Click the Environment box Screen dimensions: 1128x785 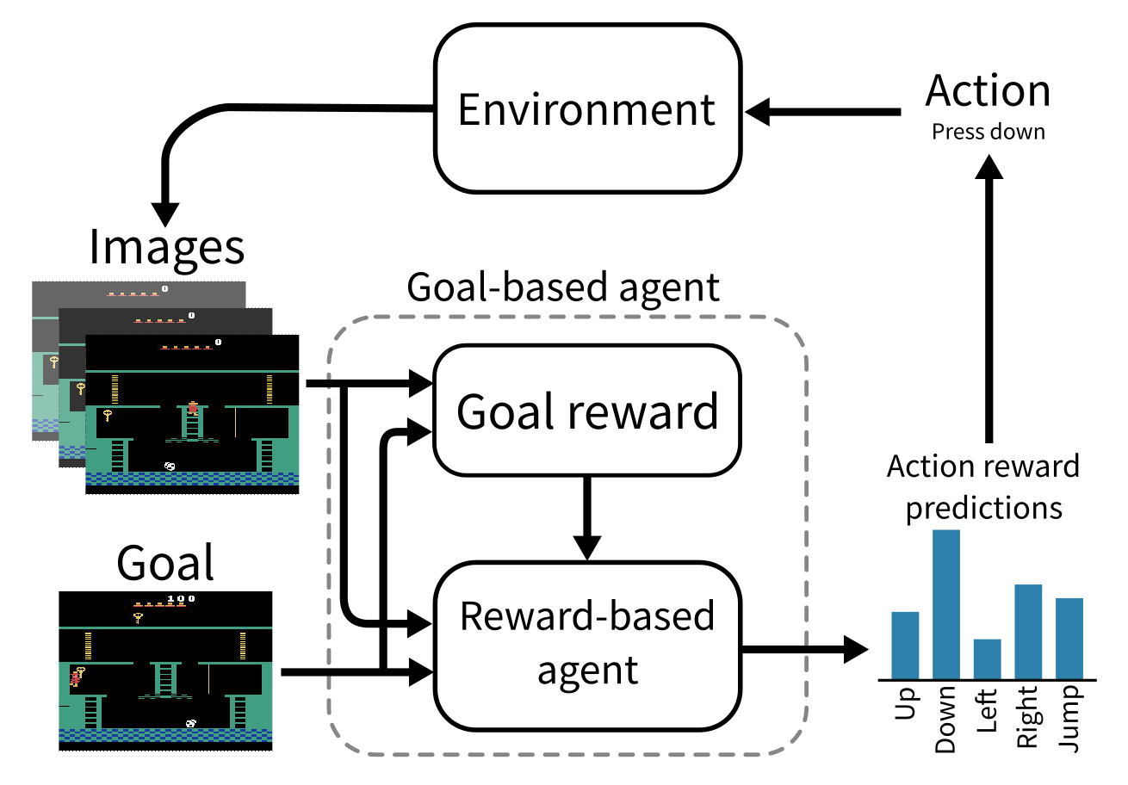[x=587, y=108]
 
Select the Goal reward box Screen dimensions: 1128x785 [x=587, y=411]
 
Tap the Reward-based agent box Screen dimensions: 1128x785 [x=587, y=646]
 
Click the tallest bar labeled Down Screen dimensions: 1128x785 [x=946, y=604]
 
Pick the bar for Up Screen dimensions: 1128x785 [x=905, y=646]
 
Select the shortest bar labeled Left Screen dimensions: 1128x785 [x=987, y=659]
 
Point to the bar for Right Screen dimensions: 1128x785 [x=1028, y=632]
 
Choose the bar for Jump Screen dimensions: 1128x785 [x=1069, y=639]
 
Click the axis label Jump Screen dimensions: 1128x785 [x=1069, y=719]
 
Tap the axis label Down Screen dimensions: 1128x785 [x=945, y=720]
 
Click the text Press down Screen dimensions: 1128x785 [x=989, y=132]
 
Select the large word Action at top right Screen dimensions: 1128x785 [x=988, y=90]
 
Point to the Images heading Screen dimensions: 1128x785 [x=167, y=249]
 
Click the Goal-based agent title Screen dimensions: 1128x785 [x=563, y=288]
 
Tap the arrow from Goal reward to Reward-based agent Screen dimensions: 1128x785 [x=587, y=518]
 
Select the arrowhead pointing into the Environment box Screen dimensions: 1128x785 [x=757, y=112]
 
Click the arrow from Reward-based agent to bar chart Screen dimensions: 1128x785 [x=805, y=650]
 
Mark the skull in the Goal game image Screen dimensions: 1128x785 [x=191, y=724]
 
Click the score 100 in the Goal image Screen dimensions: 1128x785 [x=181, y=599]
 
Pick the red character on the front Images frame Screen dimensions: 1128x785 [x=193, y=408]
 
